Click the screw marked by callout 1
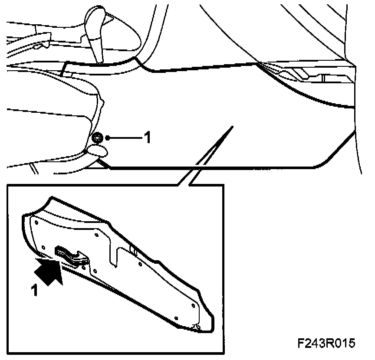[x=97, y=138]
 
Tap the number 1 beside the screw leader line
[x=148, y=137]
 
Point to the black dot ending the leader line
[x=108, y=138]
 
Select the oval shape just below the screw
[x=98, y=151]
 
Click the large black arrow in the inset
[x=48, y=272]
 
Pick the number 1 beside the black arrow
[x=34, y=290]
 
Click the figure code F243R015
[x=326, y=343]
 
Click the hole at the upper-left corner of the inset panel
[x=36, y=223]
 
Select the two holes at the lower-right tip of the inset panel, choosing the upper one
[x=194, y=305]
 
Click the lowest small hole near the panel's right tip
[x=176, y=318]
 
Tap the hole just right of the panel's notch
[x=140, y=265]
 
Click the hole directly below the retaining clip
[x=95, y=271]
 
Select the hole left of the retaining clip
[x=43, y=247]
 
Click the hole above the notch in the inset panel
[x=97, y=235]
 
